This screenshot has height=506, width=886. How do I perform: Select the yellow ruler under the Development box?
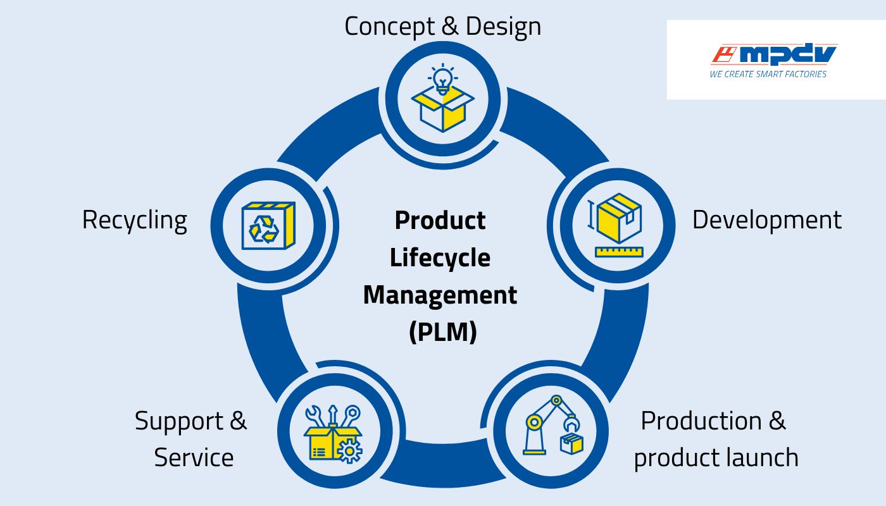coord(618,252)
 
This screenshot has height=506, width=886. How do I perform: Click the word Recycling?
coord(135,220)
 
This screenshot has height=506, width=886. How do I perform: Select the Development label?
coord(766,220)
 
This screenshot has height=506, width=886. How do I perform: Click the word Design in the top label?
coord(503,27)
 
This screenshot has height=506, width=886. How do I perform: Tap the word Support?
coord(179,421)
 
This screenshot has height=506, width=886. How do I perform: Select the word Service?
coord(194,457)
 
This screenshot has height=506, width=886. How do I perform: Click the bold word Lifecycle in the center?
coord(440,258)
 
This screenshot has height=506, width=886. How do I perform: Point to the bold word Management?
coord(440,295)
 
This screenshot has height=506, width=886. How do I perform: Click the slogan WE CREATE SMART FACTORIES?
coord(768,75)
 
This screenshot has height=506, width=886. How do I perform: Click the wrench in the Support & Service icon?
coord(314,416)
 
